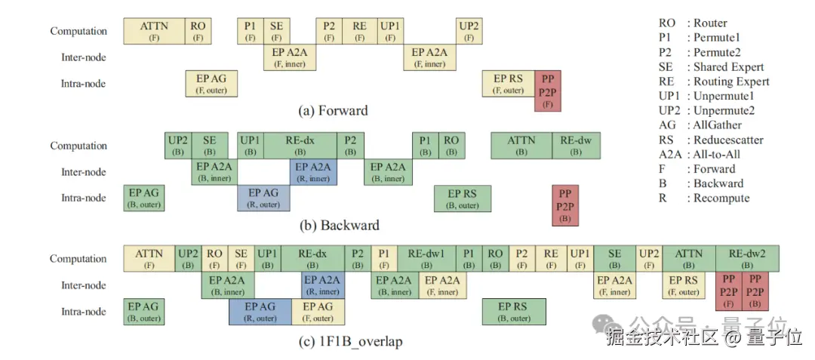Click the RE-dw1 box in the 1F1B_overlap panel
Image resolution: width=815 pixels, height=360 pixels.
(426, 258)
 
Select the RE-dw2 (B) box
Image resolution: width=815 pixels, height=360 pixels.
(747, 258)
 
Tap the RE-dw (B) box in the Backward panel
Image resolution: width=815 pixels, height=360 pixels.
(576, 146)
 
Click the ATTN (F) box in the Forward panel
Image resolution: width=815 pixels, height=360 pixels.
(155, 31)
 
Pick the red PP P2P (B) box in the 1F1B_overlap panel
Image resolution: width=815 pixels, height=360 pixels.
(755, 291)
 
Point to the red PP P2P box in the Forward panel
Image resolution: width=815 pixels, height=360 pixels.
(548, 91)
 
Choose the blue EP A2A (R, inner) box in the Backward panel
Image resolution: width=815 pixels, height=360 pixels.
(313, 172)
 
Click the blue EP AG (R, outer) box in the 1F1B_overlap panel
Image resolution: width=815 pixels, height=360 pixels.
(260, 312)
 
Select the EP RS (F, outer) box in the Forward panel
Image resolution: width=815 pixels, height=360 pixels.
(509, 84)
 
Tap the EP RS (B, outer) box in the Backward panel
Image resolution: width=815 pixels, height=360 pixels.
(463, 198)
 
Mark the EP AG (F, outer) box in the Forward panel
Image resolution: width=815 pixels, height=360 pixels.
(211, 84)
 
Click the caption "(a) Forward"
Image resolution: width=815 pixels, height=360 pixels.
(334, 111)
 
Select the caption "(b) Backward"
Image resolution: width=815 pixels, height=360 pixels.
(340, 226)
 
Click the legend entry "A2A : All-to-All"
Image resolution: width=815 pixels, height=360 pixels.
(700, 154)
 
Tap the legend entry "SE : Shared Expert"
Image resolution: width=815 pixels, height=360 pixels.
(712, 67)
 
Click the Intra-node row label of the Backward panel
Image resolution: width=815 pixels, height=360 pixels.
(84, 198)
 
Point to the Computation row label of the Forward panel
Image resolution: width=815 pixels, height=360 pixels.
(78, 31)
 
